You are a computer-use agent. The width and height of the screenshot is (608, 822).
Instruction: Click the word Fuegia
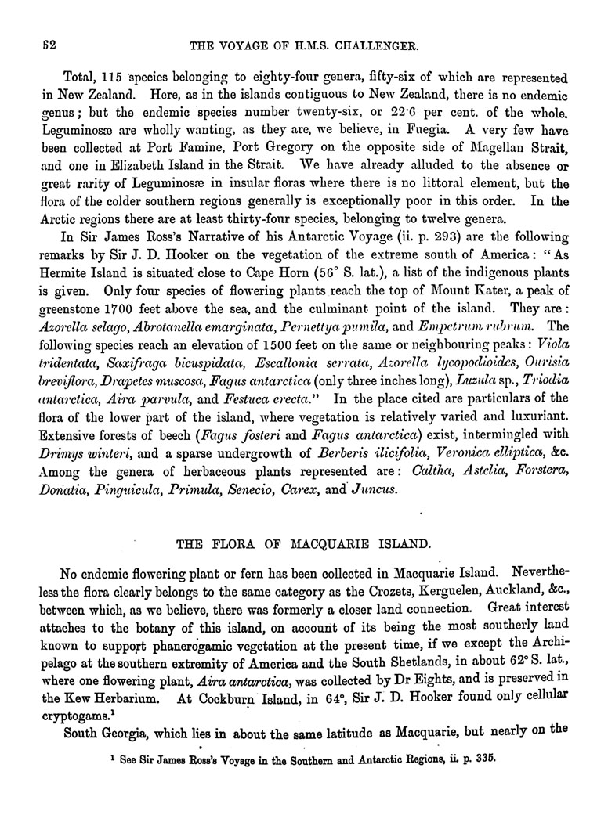tap(397, 132)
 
